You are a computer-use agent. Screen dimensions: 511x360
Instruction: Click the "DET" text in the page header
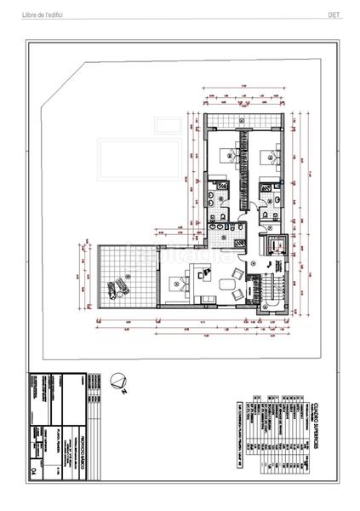point(334,15)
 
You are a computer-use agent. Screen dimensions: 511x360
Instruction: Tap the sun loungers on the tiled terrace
point(123,284)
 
